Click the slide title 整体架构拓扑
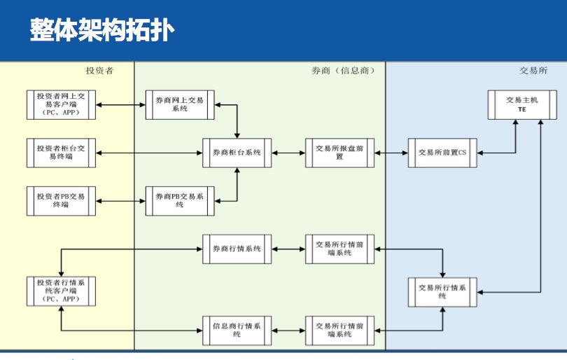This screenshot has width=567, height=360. pos(102,30)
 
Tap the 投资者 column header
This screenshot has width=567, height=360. pos(99,71)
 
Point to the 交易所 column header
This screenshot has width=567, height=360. pos(533,71)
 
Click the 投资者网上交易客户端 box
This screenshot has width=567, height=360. pos(60,104)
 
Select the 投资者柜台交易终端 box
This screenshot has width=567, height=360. pos(60,153)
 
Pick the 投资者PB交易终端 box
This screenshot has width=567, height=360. pos(60,201)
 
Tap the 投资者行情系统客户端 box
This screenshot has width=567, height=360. pos(60,291)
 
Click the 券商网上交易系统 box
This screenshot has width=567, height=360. pos(180,104)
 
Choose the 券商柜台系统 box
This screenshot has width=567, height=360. pos(237,153)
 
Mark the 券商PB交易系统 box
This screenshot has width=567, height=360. pos(180,201)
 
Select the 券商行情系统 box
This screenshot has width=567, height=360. pos(237,249)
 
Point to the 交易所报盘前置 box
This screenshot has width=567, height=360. pos(339,153)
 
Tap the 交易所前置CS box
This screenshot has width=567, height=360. pos(443,153)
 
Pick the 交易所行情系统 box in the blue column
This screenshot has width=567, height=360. pos(443,291)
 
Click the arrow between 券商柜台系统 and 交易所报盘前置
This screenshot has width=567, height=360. pos(288,153)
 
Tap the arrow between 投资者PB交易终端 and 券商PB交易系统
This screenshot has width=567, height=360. pos(120,201)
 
